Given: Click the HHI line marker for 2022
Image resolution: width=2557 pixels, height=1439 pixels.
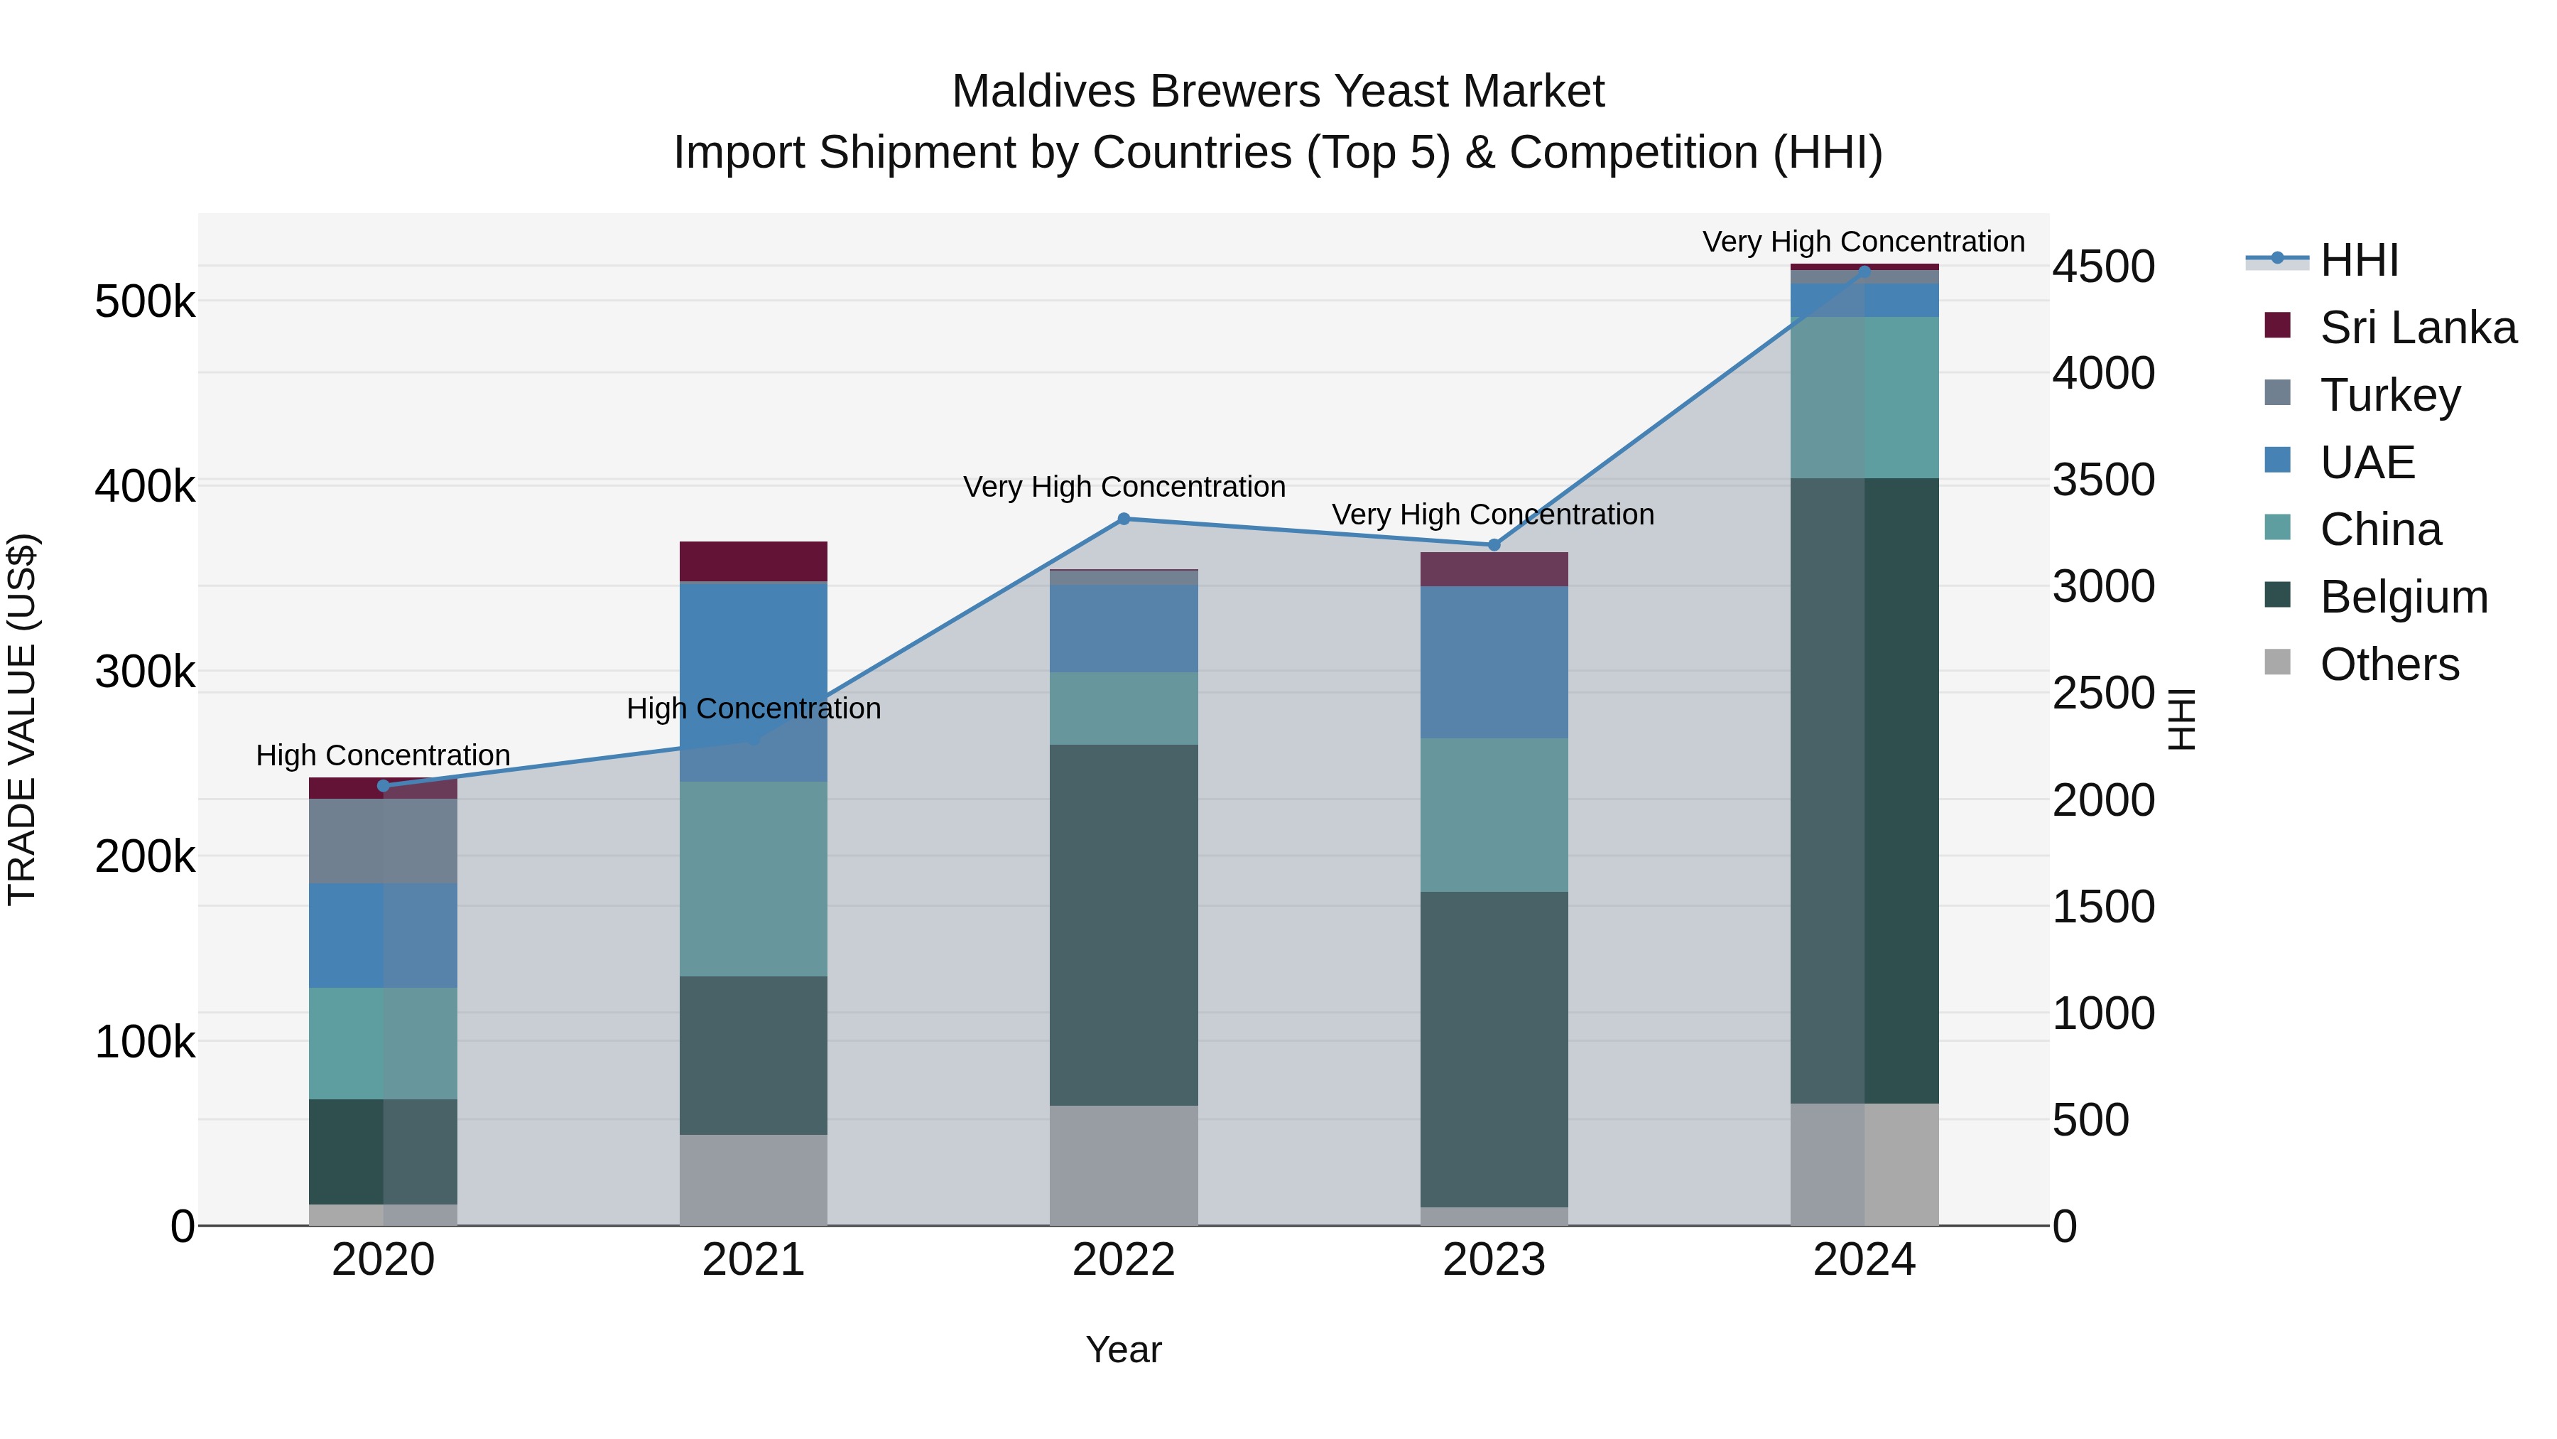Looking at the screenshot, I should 1124,519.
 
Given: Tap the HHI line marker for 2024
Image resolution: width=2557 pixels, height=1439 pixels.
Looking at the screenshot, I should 1864,271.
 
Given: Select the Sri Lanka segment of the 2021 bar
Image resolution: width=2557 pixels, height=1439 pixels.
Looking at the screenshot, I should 754,561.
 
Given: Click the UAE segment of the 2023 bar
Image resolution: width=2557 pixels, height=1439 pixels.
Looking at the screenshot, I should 1494,662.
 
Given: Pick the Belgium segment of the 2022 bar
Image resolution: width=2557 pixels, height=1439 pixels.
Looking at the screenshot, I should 1124,925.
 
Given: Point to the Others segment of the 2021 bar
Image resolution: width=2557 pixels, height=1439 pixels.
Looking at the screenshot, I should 754,1180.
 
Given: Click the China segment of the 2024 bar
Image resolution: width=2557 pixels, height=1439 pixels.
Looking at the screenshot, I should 1864,397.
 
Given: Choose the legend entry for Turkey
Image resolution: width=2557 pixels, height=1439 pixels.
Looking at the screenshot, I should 2389,395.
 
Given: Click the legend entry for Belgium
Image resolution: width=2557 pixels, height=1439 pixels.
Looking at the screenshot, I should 2403,597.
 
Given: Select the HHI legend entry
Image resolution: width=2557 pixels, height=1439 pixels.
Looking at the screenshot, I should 2357,260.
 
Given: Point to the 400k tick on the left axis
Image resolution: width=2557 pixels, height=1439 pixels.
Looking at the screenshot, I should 145,487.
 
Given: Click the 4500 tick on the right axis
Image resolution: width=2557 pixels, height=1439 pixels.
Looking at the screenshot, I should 2103,266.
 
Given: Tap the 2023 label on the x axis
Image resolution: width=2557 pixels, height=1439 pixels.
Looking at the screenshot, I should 1494,1260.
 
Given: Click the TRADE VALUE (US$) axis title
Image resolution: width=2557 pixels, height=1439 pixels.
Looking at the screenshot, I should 22,719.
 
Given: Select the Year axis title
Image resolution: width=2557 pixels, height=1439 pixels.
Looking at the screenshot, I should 1124,1349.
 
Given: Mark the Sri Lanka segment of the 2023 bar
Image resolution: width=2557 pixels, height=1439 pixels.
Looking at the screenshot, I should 1494,569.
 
